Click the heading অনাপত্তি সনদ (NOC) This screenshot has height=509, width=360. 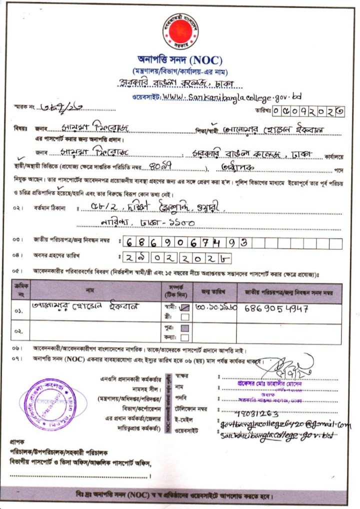click(x=179, y=60)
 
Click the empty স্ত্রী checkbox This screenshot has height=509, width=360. click(x=184, y=316)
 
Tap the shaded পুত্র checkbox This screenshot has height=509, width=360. click(x=184, y=328)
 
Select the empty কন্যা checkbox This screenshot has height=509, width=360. click(x=184, y=337)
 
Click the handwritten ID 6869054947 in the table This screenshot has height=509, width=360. click(x=276, y=308)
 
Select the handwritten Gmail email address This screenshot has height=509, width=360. click(x=284, y=424)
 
